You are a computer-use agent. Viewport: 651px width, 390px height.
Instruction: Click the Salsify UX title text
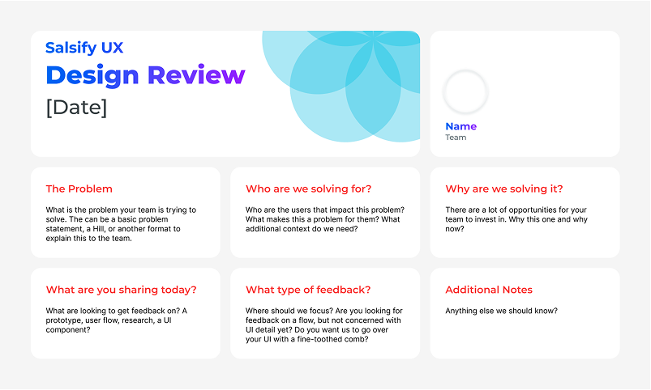(x=84, y=48)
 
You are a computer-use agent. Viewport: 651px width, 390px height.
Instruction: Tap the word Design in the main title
(x=92, y=75)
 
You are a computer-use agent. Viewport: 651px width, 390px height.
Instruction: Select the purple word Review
(x=195, y=75)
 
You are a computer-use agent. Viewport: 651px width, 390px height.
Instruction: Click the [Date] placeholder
(x=76, y=107)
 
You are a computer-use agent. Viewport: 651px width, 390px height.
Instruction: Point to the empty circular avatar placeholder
(x=465, y=92)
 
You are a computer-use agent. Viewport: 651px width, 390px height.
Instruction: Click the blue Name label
(x=460, y=126)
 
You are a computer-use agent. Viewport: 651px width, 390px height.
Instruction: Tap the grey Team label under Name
(x=456, y=138)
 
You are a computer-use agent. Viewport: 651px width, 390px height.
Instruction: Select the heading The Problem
(x=79, y=189)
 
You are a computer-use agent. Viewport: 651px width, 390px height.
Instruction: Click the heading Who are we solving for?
(x=308, y=189)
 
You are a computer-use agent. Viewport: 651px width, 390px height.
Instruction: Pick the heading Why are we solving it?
(x=503, y=189)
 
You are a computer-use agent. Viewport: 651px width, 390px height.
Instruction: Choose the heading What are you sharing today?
(x=121, y=290)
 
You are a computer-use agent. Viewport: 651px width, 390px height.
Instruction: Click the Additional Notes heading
(x=488, y=290)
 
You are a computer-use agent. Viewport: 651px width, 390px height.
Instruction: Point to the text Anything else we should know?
(x=501, y=311)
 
